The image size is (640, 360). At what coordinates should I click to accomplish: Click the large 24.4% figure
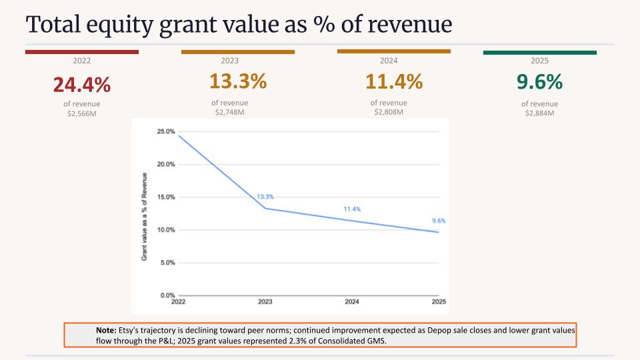81,85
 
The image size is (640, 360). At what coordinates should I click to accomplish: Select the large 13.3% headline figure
238,81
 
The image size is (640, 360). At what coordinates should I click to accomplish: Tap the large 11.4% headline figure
394,81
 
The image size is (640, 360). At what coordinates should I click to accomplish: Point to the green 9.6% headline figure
539,81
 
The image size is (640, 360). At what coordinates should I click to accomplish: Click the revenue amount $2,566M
81,113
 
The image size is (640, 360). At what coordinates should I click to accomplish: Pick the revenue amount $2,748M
230,112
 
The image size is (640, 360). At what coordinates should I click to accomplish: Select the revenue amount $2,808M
389,112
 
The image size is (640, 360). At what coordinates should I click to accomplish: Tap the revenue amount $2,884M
539,113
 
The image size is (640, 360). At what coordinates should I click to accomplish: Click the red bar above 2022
82,52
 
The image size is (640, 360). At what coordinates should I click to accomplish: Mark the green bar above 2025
540,53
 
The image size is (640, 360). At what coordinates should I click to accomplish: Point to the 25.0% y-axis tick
166,131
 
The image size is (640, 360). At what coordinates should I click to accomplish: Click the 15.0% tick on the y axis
166,197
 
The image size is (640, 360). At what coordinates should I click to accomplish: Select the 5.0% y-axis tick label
167,263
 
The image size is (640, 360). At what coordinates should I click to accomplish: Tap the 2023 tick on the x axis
265,301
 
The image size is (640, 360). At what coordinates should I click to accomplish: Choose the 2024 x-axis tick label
352,301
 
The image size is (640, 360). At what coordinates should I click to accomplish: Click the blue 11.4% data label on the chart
352,209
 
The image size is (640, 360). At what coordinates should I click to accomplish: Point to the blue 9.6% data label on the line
439,221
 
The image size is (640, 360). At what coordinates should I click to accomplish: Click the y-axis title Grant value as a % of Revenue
144,217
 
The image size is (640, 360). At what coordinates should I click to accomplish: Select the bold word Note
106,330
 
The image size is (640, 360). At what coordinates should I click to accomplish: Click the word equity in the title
119,25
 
